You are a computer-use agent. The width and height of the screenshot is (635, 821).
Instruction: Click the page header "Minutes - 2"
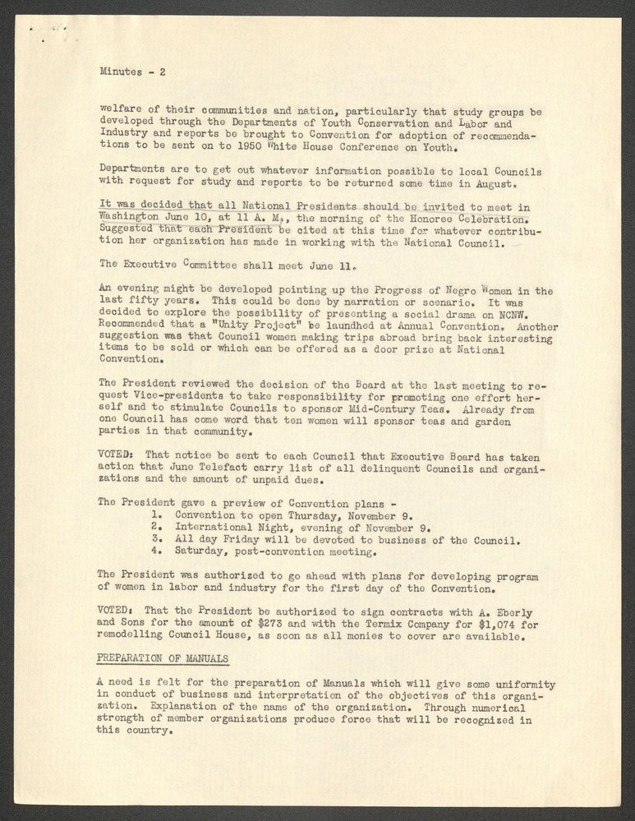tap(133, 71)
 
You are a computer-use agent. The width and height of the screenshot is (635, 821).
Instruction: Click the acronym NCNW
tap(523, 313)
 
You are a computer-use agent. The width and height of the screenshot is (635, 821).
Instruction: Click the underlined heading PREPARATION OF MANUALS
tap(163, 659)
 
